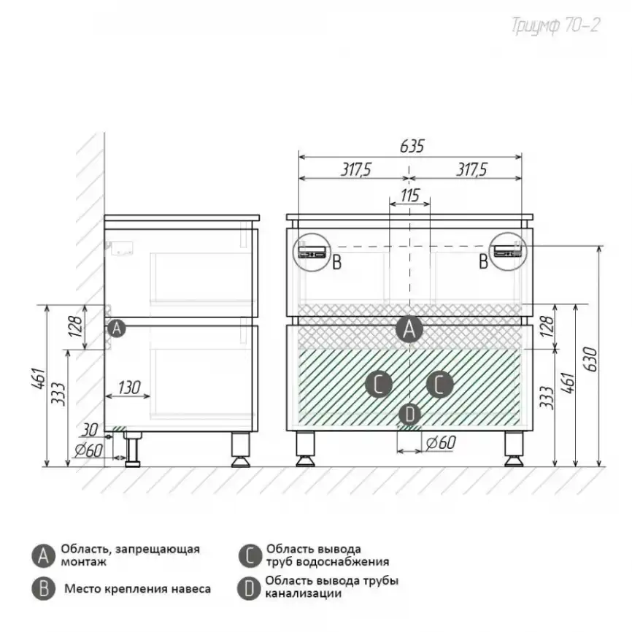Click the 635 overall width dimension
coord(412,146)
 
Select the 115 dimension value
coord(410,196)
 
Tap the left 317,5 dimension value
coord(356,170)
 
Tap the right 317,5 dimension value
coord(471,170)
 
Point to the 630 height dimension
coord(590,359)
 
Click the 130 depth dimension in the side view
coord(129,388)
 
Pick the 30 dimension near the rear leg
coord(90,430)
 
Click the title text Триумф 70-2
coord(555,26)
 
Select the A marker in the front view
coord(409,329)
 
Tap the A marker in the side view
coord(117,328)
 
